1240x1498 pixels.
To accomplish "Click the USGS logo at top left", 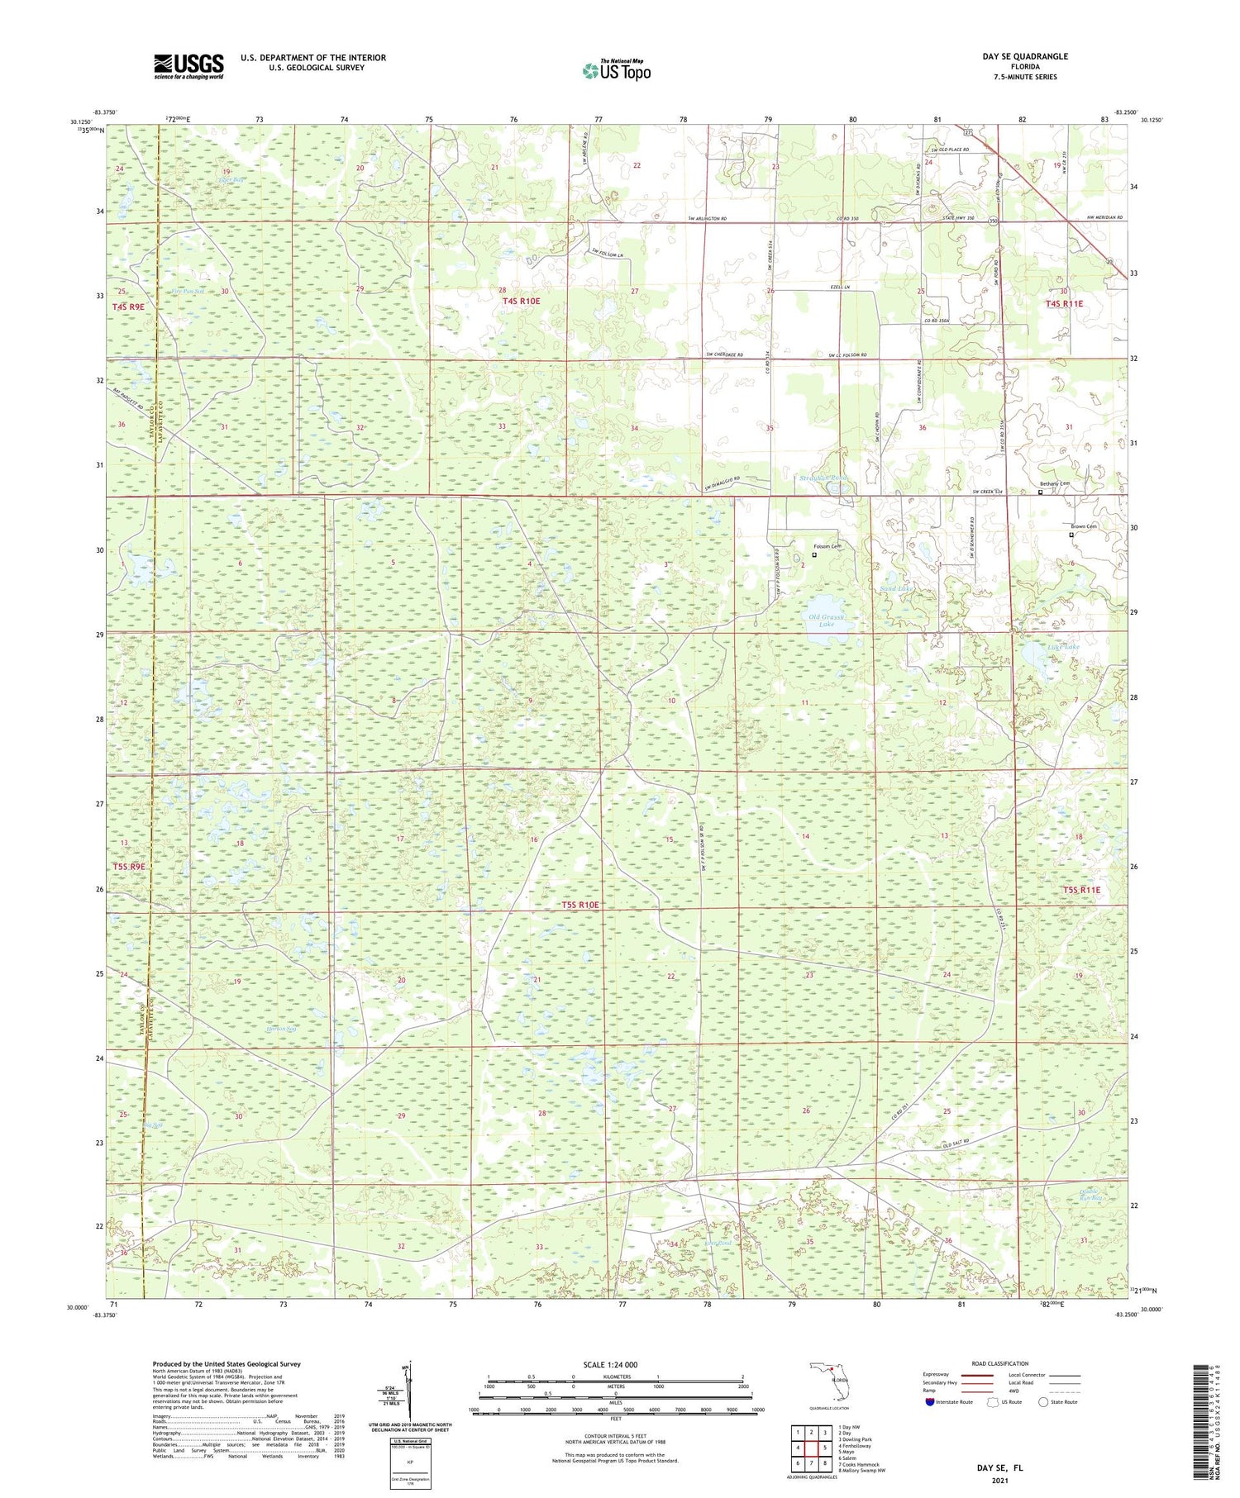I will click(x=188, y=66).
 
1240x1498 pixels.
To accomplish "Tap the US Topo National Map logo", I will click(x=616, y=70).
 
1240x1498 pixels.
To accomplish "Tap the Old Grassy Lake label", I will click(x=826, y=621).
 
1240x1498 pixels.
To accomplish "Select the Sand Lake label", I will click(x=895, y=588).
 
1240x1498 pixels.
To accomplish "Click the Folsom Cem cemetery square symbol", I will click(x=814, y=555).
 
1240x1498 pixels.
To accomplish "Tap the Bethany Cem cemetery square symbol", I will click(x=1040, y=492).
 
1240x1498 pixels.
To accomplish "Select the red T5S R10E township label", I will click(x=579, y=905).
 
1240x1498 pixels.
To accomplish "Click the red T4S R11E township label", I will click(x=1063, y=304).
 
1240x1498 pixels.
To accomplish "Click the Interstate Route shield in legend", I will click(x=929, y=1402).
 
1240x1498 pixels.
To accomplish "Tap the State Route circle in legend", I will click(x=1044, y=1402).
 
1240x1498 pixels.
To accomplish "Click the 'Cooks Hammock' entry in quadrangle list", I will click(x=860, y=1465).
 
